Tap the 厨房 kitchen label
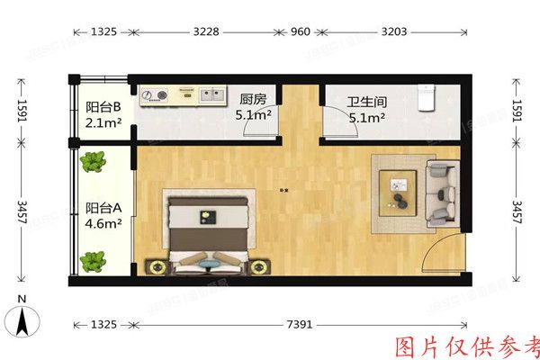pyautogui.click(x=253, y=99)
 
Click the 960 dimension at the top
pyautogui.click(x=300, y=31)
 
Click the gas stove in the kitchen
pyautogui.click(x=155, y=94)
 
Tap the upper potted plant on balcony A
pyautogui.click(x=91, y=163)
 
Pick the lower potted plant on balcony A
pyautogui.click(x=91, y=261)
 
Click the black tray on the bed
pyautogui.click(x=208, y=216)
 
